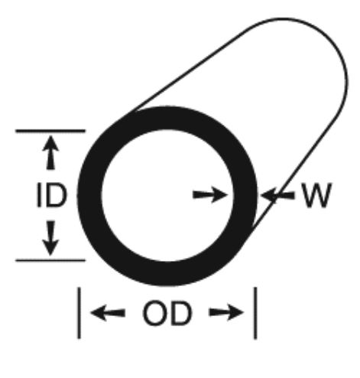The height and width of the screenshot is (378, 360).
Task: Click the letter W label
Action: (x=316, y=195)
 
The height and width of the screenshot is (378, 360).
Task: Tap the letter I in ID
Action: (x=39, y=195)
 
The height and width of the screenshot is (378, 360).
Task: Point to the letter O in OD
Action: (x=154, y=314)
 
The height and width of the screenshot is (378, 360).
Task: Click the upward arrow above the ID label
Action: (x=50, y=152)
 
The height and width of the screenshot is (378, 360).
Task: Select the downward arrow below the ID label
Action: (x=50, y=238)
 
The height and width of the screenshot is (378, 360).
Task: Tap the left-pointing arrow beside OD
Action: (x=108, y=313)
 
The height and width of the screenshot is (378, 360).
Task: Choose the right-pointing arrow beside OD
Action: (x=226, y=312)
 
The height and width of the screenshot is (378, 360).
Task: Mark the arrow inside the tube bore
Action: (x=210, y=195)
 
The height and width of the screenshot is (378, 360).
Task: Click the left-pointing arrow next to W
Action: (x=277, y=196)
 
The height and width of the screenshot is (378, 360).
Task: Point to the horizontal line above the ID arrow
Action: (x=50, y=131)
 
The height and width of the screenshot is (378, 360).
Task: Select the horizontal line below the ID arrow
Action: (x=50, y=260)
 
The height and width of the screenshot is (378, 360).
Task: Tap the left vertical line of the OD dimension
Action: (x=79, y=313)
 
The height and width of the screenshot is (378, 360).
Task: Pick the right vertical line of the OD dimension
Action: (x=255, y=313)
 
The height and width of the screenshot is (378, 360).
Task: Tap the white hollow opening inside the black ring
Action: (x=167, y=195)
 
